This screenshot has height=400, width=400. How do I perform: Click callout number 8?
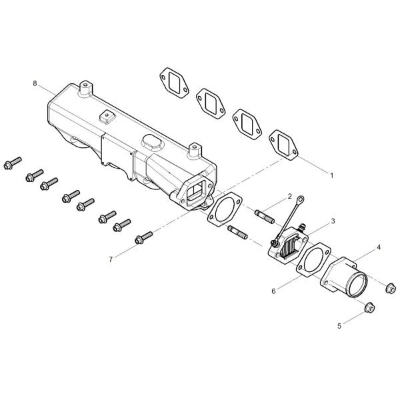click(35, 83)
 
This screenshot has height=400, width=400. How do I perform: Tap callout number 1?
click(331, 175)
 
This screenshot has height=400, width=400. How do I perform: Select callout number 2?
click(289, 197)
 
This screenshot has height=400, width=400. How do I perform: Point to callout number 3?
click(333, 221)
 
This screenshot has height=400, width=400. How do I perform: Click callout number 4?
click(379, 247)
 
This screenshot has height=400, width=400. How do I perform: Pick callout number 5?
click(339, 326)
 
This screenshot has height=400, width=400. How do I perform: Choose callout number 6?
click(274, 291)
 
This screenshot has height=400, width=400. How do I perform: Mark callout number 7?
click(111, 259)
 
